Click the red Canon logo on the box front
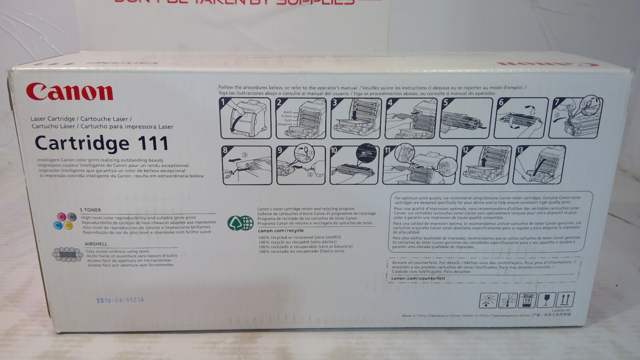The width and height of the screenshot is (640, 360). pos(70,92)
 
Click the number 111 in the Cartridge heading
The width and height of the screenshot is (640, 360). pos(153,143)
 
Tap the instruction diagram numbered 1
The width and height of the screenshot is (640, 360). pos(245,118)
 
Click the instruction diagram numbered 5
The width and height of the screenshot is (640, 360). pos(466,118)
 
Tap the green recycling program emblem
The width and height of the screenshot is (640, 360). pos(240,223)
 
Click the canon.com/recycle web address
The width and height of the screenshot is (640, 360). pos(281,230)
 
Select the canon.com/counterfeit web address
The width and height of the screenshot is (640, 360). pos(418,278)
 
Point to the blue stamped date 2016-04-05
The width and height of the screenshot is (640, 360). pos(120,300)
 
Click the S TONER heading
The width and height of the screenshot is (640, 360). pos(90,210)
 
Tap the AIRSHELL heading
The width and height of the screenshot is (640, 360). pos(96,244)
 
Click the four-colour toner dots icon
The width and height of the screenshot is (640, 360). pos(65,221)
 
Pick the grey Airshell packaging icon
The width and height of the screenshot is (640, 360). pos(68,254)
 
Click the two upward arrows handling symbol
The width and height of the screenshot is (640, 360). pos(565,300)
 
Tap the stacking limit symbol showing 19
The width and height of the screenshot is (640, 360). pos(527,300)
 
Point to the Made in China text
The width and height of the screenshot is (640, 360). pos(414,316)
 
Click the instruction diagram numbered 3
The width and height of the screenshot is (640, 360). pos(355,118)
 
